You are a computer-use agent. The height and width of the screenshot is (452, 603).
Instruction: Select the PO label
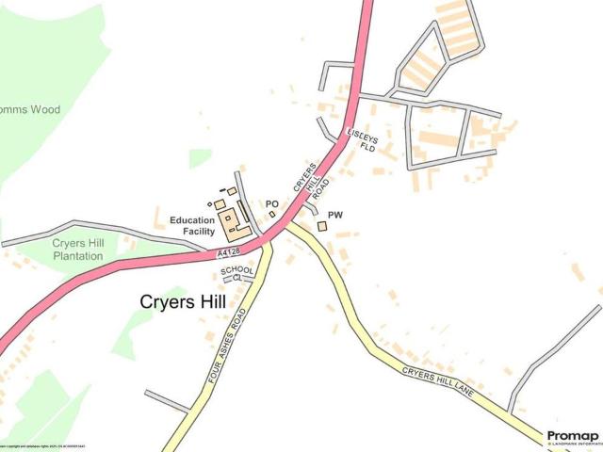point(271,203)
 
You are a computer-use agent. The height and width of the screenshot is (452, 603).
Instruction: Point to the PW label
point(334,216)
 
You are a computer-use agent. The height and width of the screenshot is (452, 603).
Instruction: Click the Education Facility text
point(192,226)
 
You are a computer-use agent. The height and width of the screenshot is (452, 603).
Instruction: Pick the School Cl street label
point(237,274)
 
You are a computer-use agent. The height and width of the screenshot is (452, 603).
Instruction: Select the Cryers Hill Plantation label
point(77,250)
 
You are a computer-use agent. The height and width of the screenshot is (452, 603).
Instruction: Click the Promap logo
point(572,436)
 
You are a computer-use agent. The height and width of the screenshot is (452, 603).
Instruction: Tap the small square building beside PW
point(321,226)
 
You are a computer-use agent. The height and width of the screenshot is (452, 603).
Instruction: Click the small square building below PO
point(272,215)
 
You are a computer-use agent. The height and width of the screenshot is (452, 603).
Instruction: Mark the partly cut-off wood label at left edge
point(30,110)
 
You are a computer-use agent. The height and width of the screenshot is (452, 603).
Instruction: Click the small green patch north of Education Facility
point(199,157)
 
